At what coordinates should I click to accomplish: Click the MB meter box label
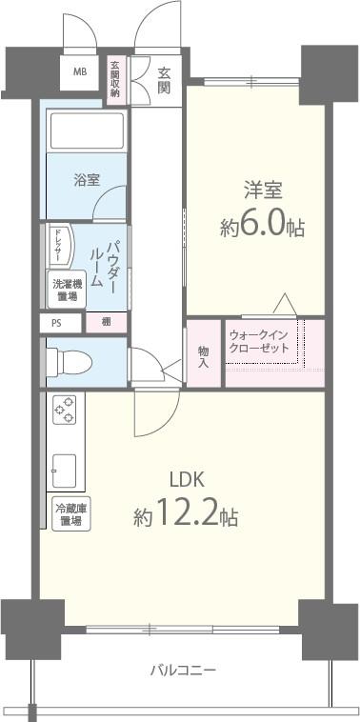(x=81, y=72)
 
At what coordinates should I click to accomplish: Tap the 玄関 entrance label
(x=165, y=80)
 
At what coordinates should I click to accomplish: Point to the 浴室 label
(x=87, y=180)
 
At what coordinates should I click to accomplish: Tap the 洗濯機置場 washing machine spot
(x=67, y=289)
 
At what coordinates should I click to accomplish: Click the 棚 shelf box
(x=106, y=323)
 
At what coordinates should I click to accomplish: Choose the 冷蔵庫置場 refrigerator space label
(x=70, y=515)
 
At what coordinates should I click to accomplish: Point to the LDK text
(x=188, y=479)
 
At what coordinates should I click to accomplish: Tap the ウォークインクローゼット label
(x=261, y=343)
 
